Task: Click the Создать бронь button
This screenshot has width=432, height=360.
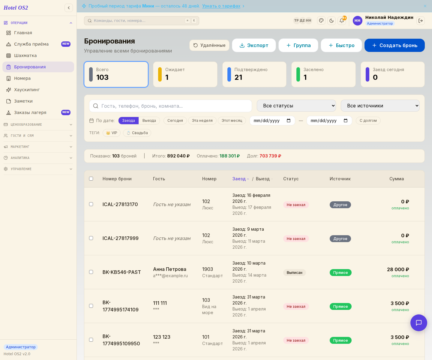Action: click(x=394, y=45)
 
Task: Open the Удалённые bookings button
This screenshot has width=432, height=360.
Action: click(x=209, y=45)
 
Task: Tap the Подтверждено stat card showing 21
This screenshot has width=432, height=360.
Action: click(x=254, y=74)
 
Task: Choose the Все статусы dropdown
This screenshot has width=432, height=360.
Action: click(x=296, y=106)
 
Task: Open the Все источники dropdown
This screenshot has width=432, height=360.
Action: click(x=380, y=106)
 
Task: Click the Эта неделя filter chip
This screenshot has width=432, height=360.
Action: click(x=202, y=121)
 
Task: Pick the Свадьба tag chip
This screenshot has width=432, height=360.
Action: click(x=137, y=133)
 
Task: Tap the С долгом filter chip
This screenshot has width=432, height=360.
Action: click(x=368, y=121)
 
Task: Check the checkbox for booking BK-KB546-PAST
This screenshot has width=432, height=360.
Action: click(x=91, y=272)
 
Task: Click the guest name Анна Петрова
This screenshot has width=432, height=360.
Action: click(x=170, y=269)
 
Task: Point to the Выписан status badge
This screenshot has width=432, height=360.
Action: click(x=294, y=272)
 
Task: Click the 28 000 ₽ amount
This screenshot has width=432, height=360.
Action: click(x=398, y=269)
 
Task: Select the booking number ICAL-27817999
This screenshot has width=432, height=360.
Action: click(x=120, y=238)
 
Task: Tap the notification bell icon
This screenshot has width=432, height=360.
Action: click(x=342, y=20)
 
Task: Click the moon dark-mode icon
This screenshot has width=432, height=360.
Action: click(x=331, y=20)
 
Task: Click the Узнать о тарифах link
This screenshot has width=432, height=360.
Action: click(x=221, y=6)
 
